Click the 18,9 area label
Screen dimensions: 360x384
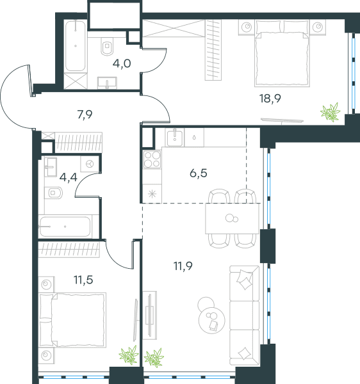tap(270, 99)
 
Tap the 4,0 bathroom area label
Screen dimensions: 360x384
tap(122, 63)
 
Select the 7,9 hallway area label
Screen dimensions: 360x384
tap(85, 115)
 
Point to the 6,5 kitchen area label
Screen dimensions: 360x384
tap(199, 173)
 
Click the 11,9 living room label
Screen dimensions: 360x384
tap(183, 266)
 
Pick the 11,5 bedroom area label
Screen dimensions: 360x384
tap(83, 280)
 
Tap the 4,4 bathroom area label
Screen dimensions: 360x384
tap(69, 177)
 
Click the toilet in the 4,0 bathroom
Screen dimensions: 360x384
tap(107, 46)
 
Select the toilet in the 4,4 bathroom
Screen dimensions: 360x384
tap(53, 193)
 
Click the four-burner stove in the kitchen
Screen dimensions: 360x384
tap(152, 159)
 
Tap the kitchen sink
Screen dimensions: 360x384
tap(175, 138)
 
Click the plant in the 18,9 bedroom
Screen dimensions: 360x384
tap(330, 112)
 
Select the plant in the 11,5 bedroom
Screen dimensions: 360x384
tap(129, 355)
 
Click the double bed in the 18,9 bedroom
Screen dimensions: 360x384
tap(282, 54)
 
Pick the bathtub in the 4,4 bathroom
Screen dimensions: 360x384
tap(65, 227)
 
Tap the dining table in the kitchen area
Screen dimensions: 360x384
tap(233, 218)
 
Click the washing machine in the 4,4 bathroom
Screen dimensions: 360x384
tap(90, 164)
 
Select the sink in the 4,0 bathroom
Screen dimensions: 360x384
tap(107, 83)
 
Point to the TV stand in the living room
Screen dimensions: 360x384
tap(150, 316)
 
